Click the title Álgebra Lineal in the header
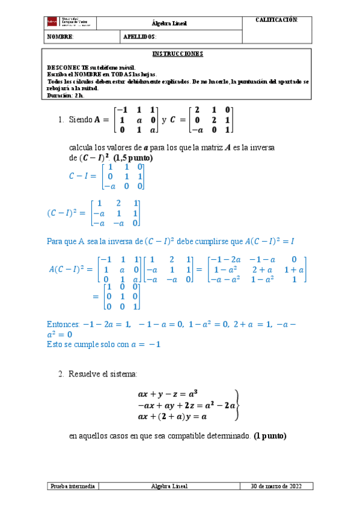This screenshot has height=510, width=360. click(169, 23)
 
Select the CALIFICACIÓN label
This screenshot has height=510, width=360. click(277, 20)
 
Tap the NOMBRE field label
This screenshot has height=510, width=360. click(60, 37)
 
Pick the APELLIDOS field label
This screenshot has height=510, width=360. click(139, 37)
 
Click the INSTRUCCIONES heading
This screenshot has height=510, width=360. click(178, 54)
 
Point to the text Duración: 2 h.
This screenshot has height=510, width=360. click(66, 95)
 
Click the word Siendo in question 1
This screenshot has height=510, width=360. click(81, 120)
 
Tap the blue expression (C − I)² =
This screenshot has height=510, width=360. click(66, 213)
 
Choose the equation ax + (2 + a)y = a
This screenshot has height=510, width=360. click(173, 416)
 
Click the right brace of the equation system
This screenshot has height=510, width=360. click(240, 405)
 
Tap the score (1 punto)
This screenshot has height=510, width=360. click(274, 435)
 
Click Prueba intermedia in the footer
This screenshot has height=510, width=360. click(72, 486)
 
